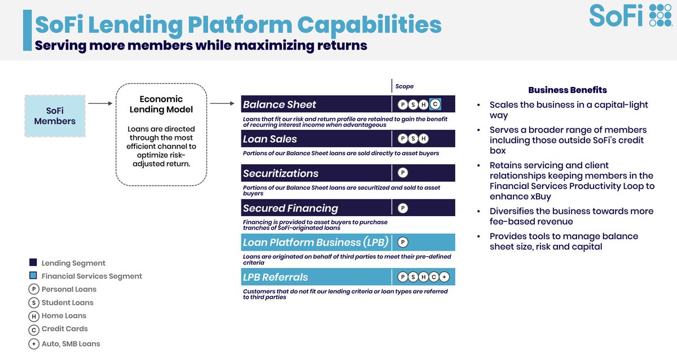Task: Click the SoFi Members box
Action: [x=55, y=116]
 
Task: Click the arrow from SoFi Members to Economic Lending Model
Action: [x=100, y=103]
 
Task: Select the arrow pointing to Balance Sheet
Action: [x=222, y=103]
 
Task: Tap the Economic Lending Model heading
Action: [x=161, y=104]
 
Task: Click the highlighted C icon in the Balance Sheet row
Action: [x=435, y=104]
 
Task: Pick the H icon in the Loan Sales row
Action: [x=424, y=138]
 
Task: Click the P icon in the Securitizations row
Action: [x=403, y=173]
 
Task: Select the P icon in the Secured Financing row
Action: [x=403, y=208]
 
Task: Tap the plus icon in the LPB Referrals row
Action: [x=444, y=276]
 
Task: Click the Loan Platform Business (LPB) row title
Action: [x=315, y=242]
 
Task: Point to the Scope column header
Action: [x=405, y=86]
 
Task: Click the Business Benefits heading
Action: [x=568, y=90]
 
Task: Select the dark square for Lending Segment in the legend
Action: [x=33, y=262]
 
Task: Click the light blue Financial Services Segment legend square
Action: [x=33, y=275]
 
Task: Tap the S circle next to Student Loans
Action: [x=34, y=302]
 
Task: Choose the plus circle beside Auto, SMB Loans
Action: [x=34, y=344]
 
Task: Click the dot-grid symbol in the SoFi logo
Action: [x=661, y=15]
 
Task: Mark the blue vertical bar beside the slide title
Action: [x=27, y=30]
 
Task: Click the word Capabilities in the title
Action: [x=370, y=25]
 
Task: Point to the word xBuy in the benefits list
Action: [x=536, y=196]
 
